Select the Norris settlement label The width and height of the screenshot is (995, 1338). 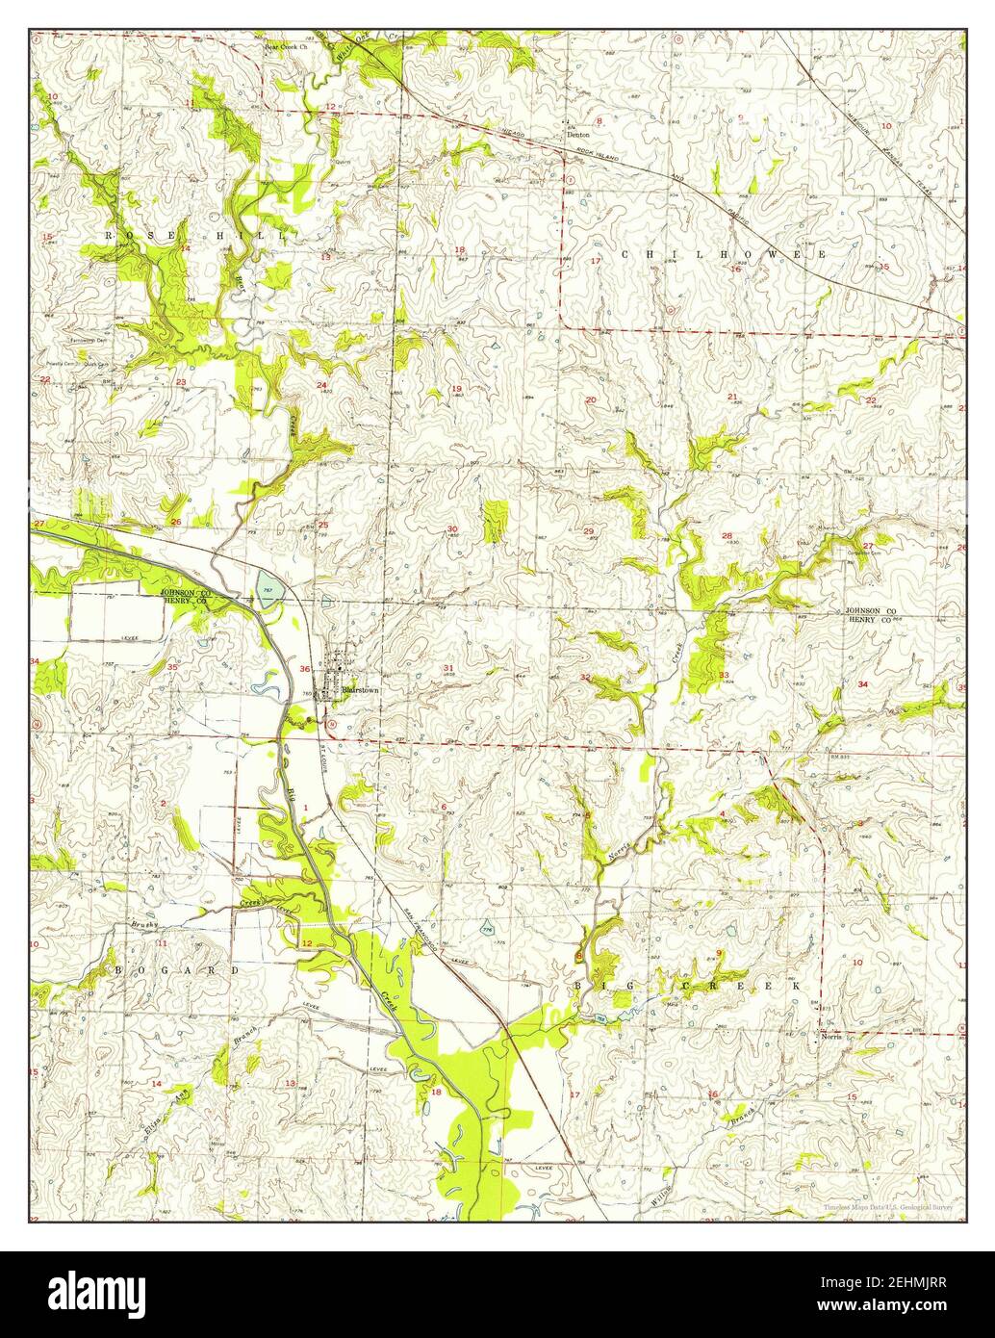click(832, 1040)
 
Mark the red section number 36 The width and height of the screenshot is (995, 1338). click(305, 669)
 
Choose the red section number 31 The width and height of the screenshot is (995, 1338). click(448, 667)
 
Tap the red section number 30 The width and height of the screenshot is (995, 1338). click(452, 528)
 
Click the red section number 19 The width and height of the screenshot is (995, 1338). click(456, 388)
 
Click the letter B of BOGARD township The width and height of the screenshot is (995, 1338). click(120, 971)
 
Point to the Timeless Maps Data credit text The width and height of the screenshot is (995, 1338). click(886, 1206)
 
